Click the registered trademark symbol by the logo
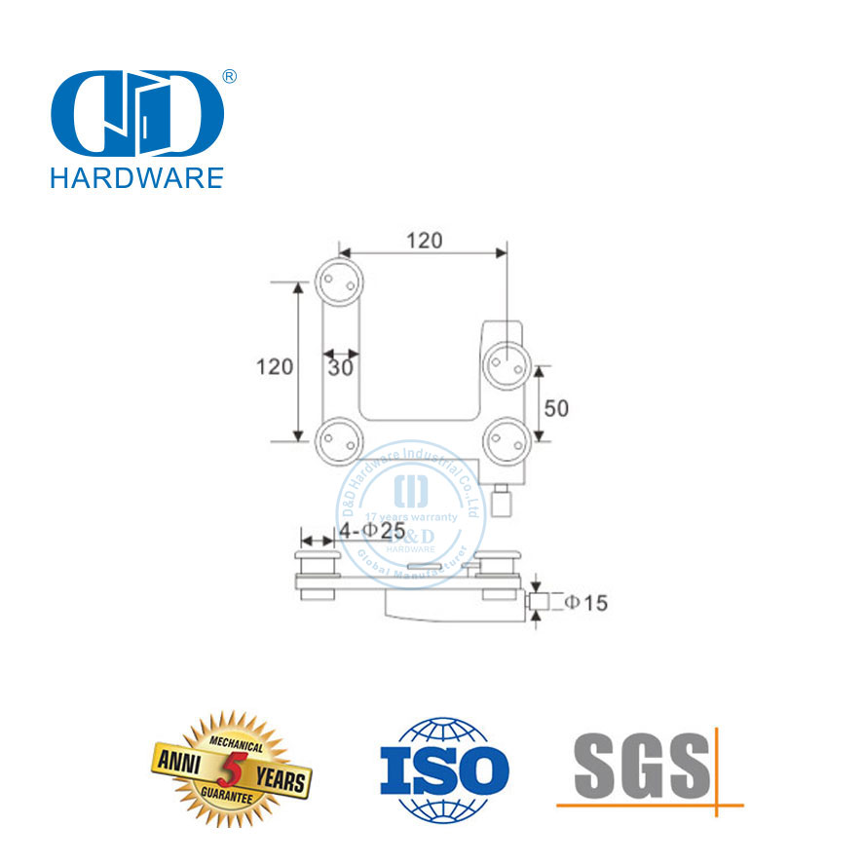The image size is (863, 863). (231, 76)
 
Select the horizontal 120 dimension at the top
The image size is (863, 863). (424, 240)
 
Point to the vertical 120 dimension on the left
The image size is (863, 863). (275, 367)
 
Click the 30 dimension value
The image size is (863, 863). (340, 368)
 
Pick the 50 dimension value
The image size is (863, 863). (556, 408)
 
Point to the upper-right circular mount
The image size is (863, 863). (507, 366)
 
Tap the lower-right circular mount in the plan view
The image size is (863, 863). (507, 439)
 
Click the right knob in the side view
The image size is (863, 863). (500, 565)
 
